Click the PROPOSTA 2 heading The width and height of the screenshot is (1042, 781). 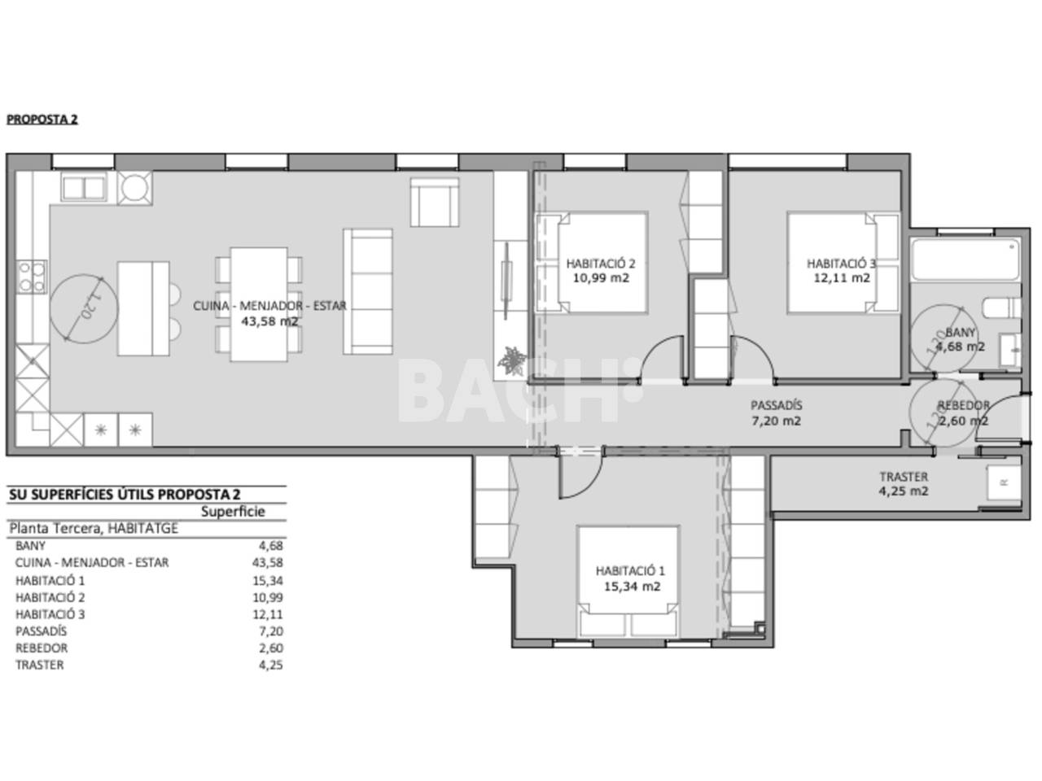point(42,119)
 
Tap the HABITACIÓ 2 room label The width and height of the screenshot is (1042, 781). point(601,263)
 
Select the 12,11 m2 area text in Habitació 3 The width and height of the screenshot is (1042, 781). point(842,278)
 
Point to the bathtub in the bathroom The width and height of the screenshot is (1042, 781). point(966,260)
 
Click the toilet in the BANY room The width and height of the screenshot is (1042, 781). point(1001,308)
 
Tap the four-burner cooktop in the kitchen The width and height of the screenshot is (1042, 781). point(32,277)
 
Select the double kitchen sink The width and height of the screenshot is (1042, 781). point(84,188)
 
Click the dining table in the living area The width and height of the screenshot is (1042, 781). point(259,304)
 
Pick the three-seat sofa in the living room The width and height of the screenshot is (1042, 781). point(368,291)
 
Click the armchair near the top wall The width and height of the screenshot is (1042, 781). point(435,203)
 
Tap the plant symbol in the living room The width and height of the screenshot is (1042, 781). point(511,361)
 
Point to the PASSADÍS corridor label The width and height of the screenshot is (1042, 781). point(776,405)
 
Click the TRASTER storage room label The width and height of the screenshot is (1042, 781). point(904,477)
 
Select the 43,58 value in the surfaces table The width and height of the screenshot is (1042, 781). point(268,563)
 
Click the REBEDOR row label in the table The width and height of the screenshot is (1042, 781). point(42,648)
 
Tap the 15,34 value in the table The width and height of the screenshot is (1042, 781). point(268,580)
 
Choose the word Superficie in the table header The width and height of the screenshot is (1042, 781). point(233,512)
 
